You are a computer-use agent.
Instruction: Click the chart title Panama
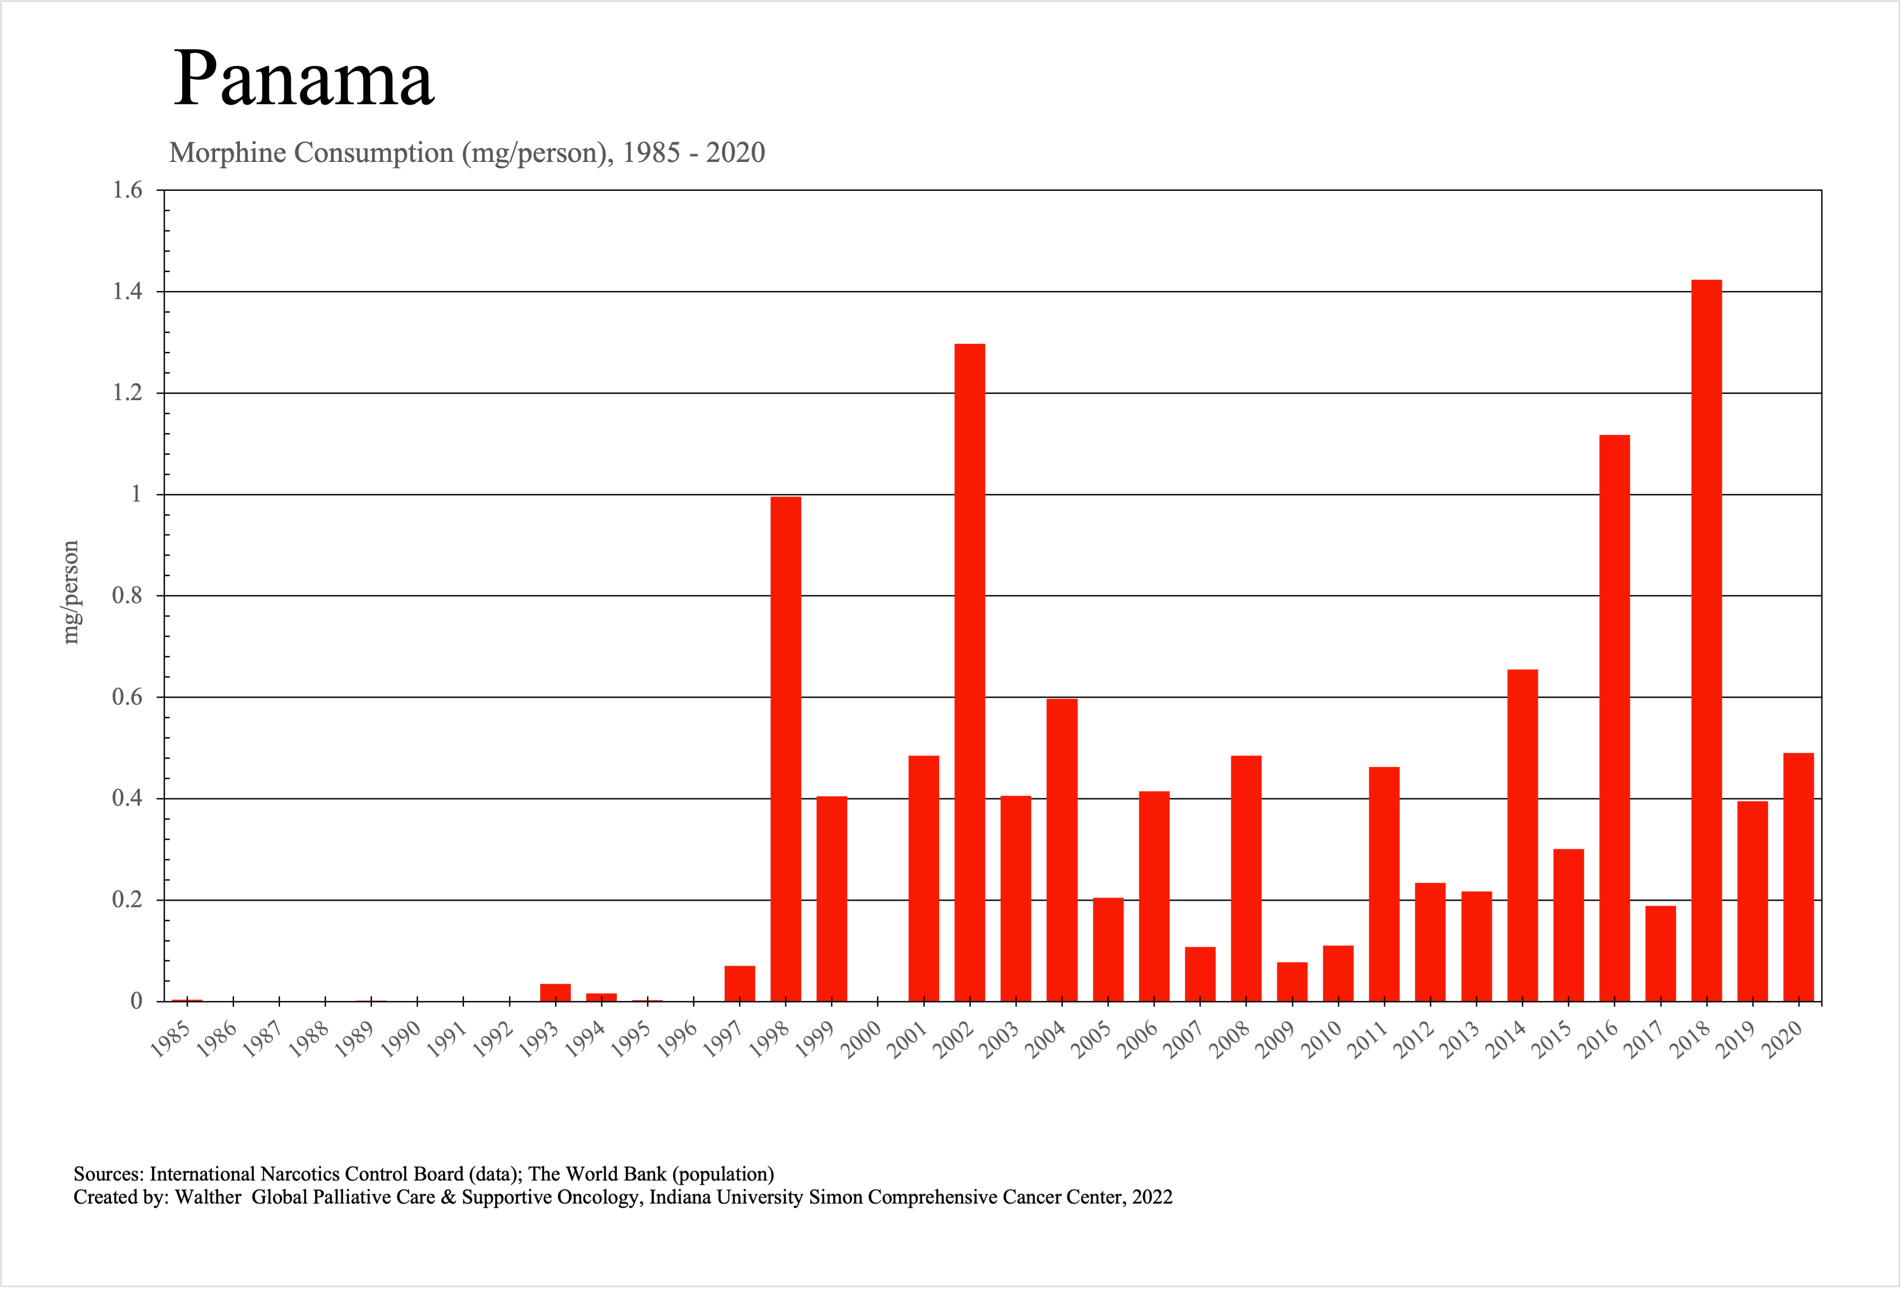coord(303,79)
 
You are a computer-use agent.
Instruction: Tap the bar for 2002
coord(969,672)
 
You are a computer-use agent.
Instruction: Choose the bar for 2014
coord(1522,835)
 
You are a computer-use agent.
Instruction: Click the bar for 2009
coord(1292,981)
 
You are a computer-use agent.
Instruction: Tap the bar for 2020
coord(1798,876)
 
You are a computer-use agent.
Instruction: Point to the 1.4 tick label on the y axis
coord(127,291)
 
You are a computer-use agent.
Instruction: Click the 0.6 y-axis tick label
coord(127,697)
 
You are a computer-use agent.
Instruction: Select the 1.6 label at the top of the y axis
coord(127,190)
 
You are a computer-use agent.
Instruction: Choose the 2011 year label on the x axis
coord(1368,1040)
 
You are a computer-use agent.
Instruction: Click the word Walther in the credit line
coord(208,1198)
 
